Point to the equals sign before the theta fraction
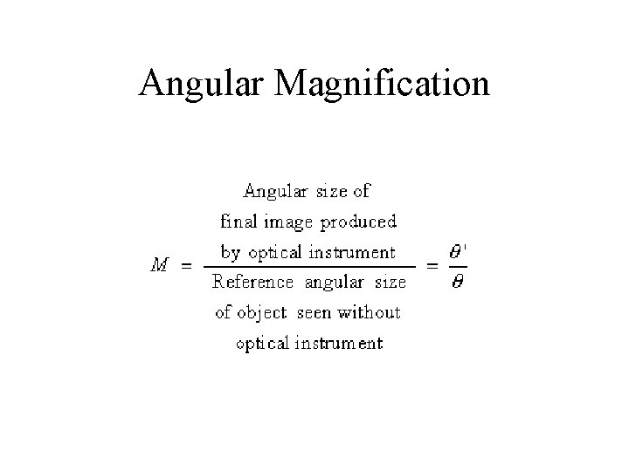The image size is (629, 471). pos(432,268)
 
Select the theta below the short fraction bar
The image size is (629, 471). pos(456,285)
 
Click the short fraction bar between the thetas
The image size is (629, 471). pos(456,268)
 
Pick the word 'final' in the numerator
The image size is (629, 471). pos(238,222)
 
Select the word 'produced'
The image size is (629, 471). pos(358,222)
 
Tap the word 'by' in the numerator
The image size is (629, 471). pos(230,254)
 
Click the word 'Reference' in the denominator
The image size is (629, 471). pos(252,283)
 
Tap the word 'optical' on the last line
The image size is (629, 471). pos(262,345)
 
